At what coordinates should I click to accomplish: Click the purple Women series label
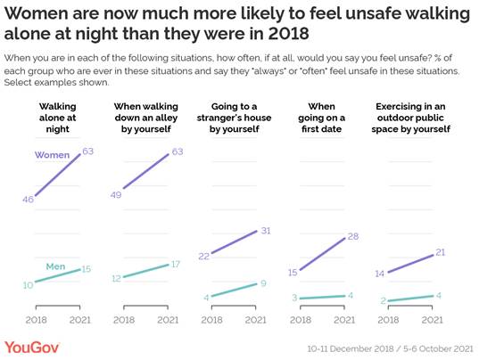coord(52,156)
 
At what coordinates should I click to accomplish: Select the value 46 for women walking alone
coord(29,199)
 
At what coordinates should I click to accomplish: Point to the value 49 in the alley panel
coord(116,195)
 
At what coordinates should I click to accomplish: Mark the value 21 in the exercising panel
coord(441,254)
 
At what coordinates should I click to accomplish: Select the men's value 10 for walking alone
coord(29,284)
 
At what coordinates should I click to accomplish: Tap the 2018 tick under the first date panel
coord(301,318)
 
